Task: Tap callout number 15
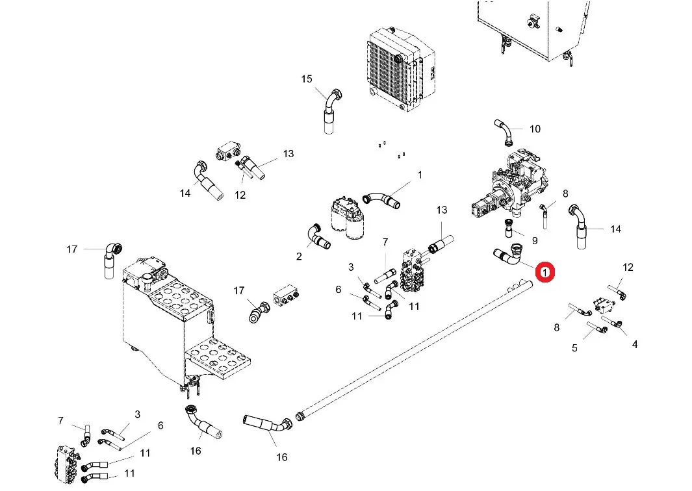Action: [307, 79]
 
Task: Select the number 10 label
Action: [535, 129]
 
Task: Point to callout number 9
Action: [534, 240]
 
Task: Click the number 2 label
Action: [299, 257]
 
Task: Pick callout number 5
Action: [574, 348]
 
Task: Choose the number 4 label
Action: [634, 344]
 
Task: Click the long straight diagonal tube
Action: [416, 347]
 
